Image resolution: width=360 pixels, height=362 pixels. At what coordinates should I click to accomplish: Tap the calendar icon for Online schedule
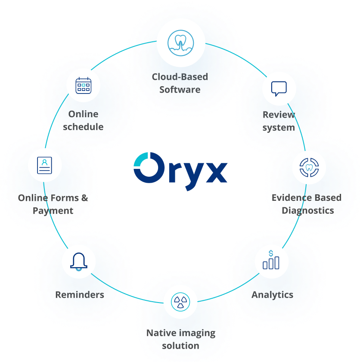83,85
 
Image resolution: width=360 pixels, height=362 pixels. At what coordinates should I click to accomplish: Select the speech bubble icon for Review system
279,89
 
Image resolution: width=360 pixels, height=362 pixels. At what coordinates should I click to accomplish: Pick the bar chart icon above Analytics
271,261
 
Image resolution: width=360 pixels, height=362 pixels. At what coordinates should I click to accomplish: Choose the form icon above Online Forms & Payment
44,165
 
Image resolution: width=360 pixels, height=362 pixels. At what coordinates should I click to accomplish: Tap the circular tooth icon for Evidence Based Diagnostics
309,168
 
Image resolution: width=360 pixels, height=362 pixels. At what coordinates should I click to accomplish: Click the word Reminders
80,295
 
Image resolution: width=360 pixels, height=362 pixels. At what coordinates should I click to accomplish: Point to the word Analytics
272,295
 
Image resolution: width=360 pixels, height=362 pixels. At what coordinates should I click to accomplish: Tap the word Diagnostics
308,211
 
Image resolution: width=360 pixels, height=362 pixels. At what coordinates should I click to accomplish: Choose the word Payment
53,211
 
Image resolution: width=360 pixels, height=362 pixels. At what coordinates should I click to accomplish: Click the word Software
180,90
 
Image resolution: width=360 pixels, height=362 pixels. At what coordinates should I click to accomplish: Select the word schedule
83,127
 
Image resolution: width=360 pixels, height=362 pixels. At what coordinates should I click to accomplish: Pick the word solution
180,346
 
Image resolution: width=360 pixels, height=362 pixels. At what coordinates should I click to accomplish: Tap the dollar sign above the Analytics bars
270,253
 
